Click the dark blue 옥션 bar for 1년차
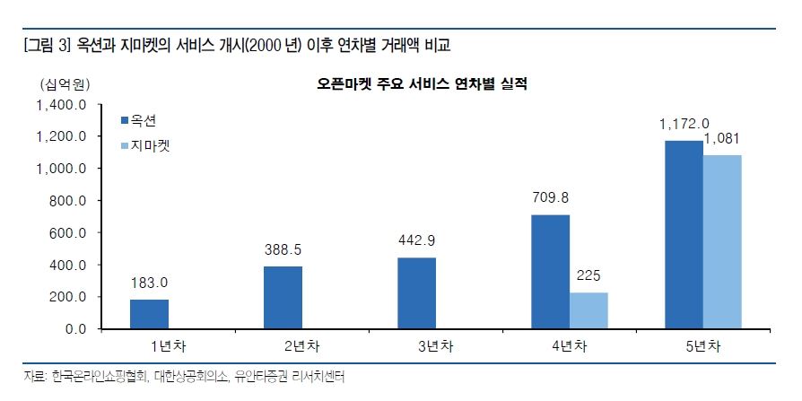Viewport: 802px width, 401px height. [x=149, y=314]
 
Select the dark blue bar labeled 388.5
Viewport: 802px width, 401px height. [x=283, y=298]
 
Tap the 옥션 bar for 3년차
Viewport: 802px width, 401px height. [x=416, y=293]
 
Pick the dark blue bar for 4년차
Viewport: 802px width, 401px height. [x=550, y=272]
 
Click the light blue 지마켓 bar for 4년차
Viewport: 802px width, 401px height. [x=588, y=310]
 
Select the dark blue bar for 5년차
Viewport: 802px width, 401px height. [x=684, y=235]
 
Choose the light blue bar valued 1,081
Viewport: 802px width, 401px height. [x=722, y=242]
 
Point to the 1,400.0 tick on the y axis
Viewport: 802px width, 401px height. [x=61, y=105]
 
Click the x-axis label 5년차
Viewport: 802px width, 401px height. [x=702, y=346]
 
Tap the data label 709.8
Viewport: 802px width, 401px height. [x=550, y=198]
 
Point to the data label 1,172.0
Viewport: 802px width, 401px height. [x=684, y=124]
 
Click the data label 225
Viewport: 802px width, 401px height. [x=588, y=276]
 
